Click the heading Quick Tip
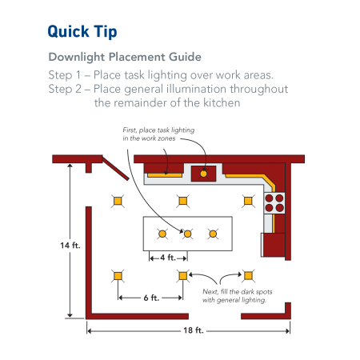pyautogui.click(x=82, y=31)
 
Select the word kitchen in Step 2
pyautogui.click(x=221, y=102)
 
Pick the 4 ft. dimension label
pyautogui.click(x=167, y=257)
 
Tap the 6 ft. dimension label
pyautogui.click(x=150, y=297)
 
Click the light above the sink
pyautogui.click(x=203, y=172)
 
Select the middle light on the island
pyautogui.click(x=187, y=234)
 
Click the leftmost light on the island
pyautogui.click(x=162, y=234)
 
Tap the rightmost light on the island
pyautogui.click(x=213, y=234)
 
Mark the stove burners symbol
pyautogui.click(x=274, y=201)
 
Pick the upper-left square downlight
pyautogui.click(x=118, y=201)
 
